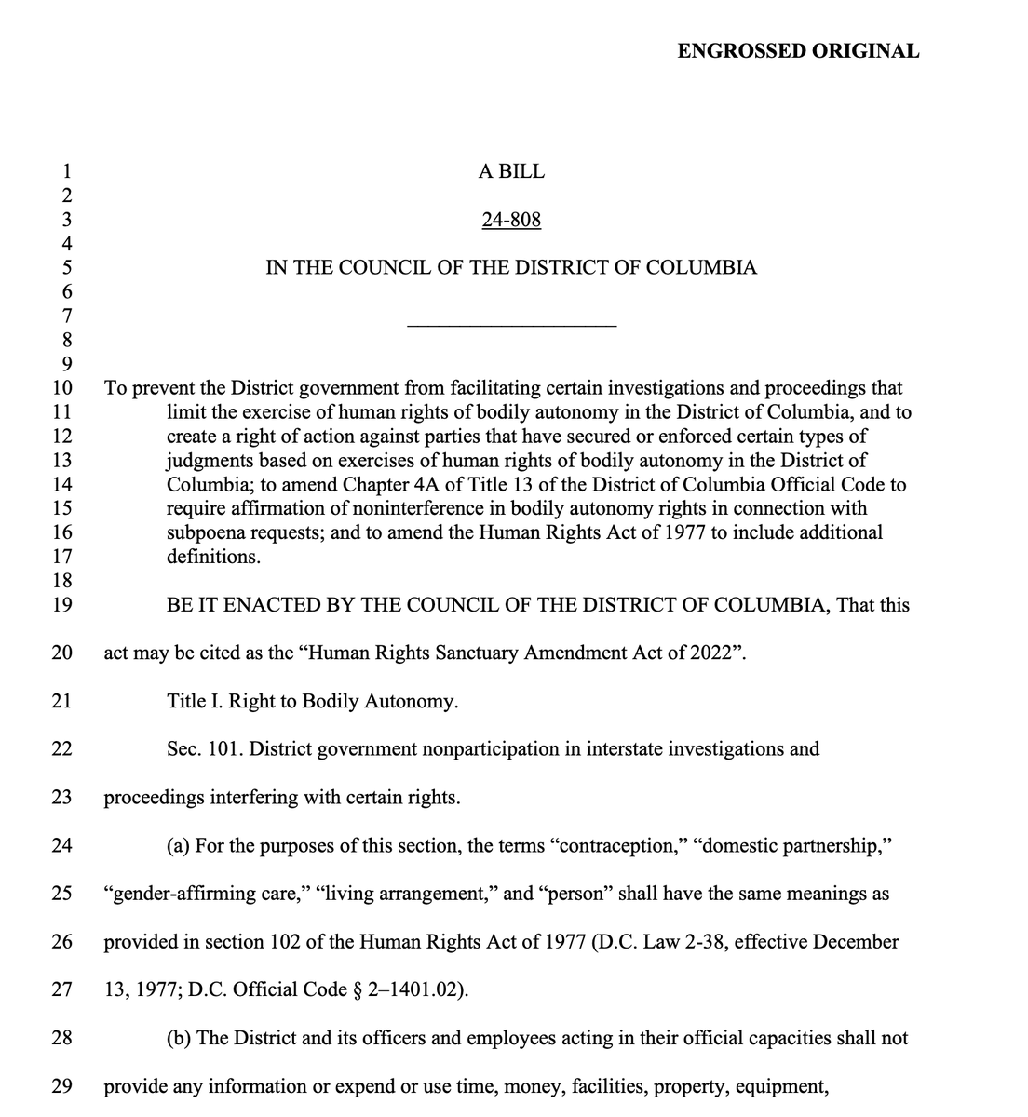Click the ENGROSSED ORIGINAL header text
[x=798, y=51]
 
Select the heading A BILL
[x=511, y=171]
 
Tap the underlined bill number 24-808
[x=511, y=220]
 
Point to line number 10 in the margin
[x=62, y=388]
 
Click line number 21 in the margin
[x=62, y=701]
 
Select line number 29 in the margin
[x=62, y=1086]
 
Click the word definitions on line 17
[x=213, y=557]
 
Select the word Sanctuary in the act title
[x=477, y=653]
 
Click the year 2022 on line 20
[x=712, y=653]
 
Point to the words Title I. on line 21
[x=192, y=701]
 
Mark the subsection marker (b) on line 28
[x=180, y=1038]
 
